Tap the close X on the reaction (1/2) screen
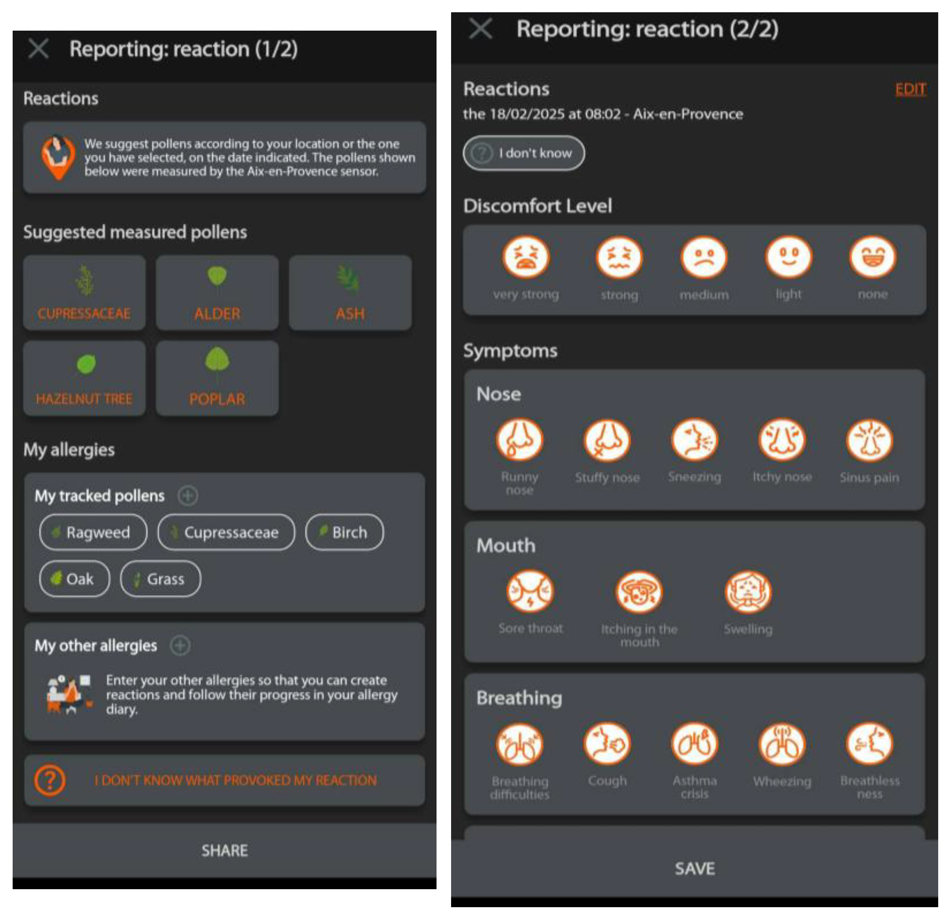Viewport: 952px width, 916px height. coord(38,49)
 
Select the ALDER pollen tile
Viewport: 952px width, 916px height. coord(217,293)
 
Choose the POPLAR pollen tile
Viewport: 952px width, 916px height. coord(217,378)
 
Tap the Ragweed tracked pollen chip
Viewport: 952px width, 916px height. coord(93,532)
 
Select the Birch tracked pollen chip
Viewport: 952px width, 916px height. coord(345,532)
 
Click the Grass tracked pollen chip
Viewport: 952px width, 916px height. coord(160,579)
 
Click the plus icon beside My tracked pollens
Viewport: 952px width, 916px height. coord(187,496)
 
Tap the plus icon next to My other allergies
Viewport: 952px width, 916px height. coord(180,646)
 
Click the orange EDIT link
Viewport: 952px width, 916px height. coord(910,89)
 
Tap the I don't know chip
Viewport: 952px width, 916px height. coord(524,153)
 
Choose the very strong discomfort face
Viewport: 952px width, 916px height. coord(525,257)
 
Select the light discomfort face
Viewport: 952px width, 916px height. coord(788,257)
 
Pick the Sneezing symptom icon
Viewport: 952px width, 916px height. coord(694,440)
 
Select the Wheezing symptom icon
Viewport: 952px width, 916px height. coord(782,744)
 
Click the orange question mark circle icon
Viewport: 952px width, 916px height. coord(49,780)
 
